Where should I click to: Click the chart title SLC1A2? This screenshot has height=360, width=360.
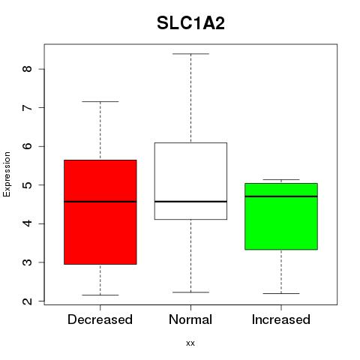pos(190,23)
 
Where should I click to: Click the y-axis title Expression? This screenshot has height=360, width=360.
pos(7,174)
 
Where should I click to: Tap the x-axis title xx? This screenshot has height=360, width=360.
pos(190,343)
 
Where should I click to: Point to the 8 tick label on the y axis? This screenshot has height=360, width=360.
pos(27,69)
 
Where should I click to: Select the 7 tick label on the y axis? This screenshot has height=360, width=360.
pos(27,107)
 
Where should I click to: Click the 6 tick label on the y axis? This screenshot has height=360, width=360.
pos(27,146)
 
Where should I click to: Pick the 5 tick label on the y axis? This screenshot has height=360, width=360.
pos(27,184)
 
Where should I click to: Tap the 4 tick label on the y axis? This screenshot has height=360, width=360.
pos(27,223)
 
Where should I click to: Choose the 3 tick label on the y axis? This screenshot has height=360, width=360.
pos(27,262)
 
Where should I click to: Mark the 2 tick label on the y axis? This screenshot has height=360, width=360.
pos(27,301)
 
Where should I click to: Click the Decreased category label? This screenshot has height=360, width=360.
pos(100,319)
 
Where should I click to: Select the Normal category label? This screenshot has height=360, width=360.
pos(190,319)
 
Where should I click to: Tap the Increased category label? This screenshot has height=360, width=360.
pos(281,319)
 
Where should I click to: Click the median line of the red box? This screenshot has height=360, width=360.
pos(100,202)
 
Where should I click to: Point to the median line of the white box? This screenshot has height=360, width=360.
pos(190,201)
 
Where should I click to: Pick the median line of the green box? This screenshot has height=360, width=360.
pos(281,196)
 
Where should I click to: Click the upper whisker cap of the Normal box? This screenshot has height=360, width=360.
pos(190,54)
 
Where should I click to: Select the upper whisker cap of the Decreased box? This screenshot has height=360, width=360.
pos(100,101)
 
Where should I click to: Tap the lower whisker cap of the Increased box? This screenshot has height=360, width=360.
pos(281,293)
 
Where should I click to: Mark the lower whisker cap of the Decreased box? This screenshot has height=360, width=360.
pos(100,295)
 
